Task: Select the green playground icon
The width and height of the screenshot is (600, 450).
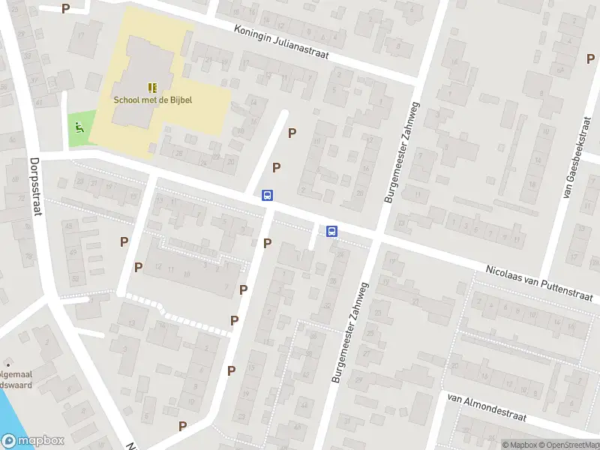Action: (x=79, y=127)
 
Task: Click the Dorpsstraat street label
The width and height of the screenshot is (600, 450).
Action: (x=34, y=187)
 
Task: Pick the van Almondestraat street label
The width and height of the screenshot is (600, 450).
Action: (x=486, y=408)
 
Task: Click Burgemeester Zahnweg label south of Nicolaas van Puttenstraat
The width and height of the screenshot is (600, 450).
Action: (x=347, y=328)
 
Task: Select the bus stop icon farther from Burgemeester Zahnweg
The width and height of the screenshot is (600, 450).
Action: (x=267, y=196)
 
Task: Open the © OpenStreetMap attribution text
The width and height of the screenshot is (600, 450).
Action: (x=569, y=445)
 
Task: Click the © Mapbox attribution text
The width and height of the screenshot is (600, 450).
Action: (x=519, y=445)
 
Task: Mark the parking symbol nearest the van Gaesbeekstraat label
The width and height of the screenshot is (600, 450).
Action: (x=589, y=58)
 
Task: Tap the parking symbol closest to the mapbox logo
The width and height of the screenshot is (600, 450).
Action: (x=182, y=426)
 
